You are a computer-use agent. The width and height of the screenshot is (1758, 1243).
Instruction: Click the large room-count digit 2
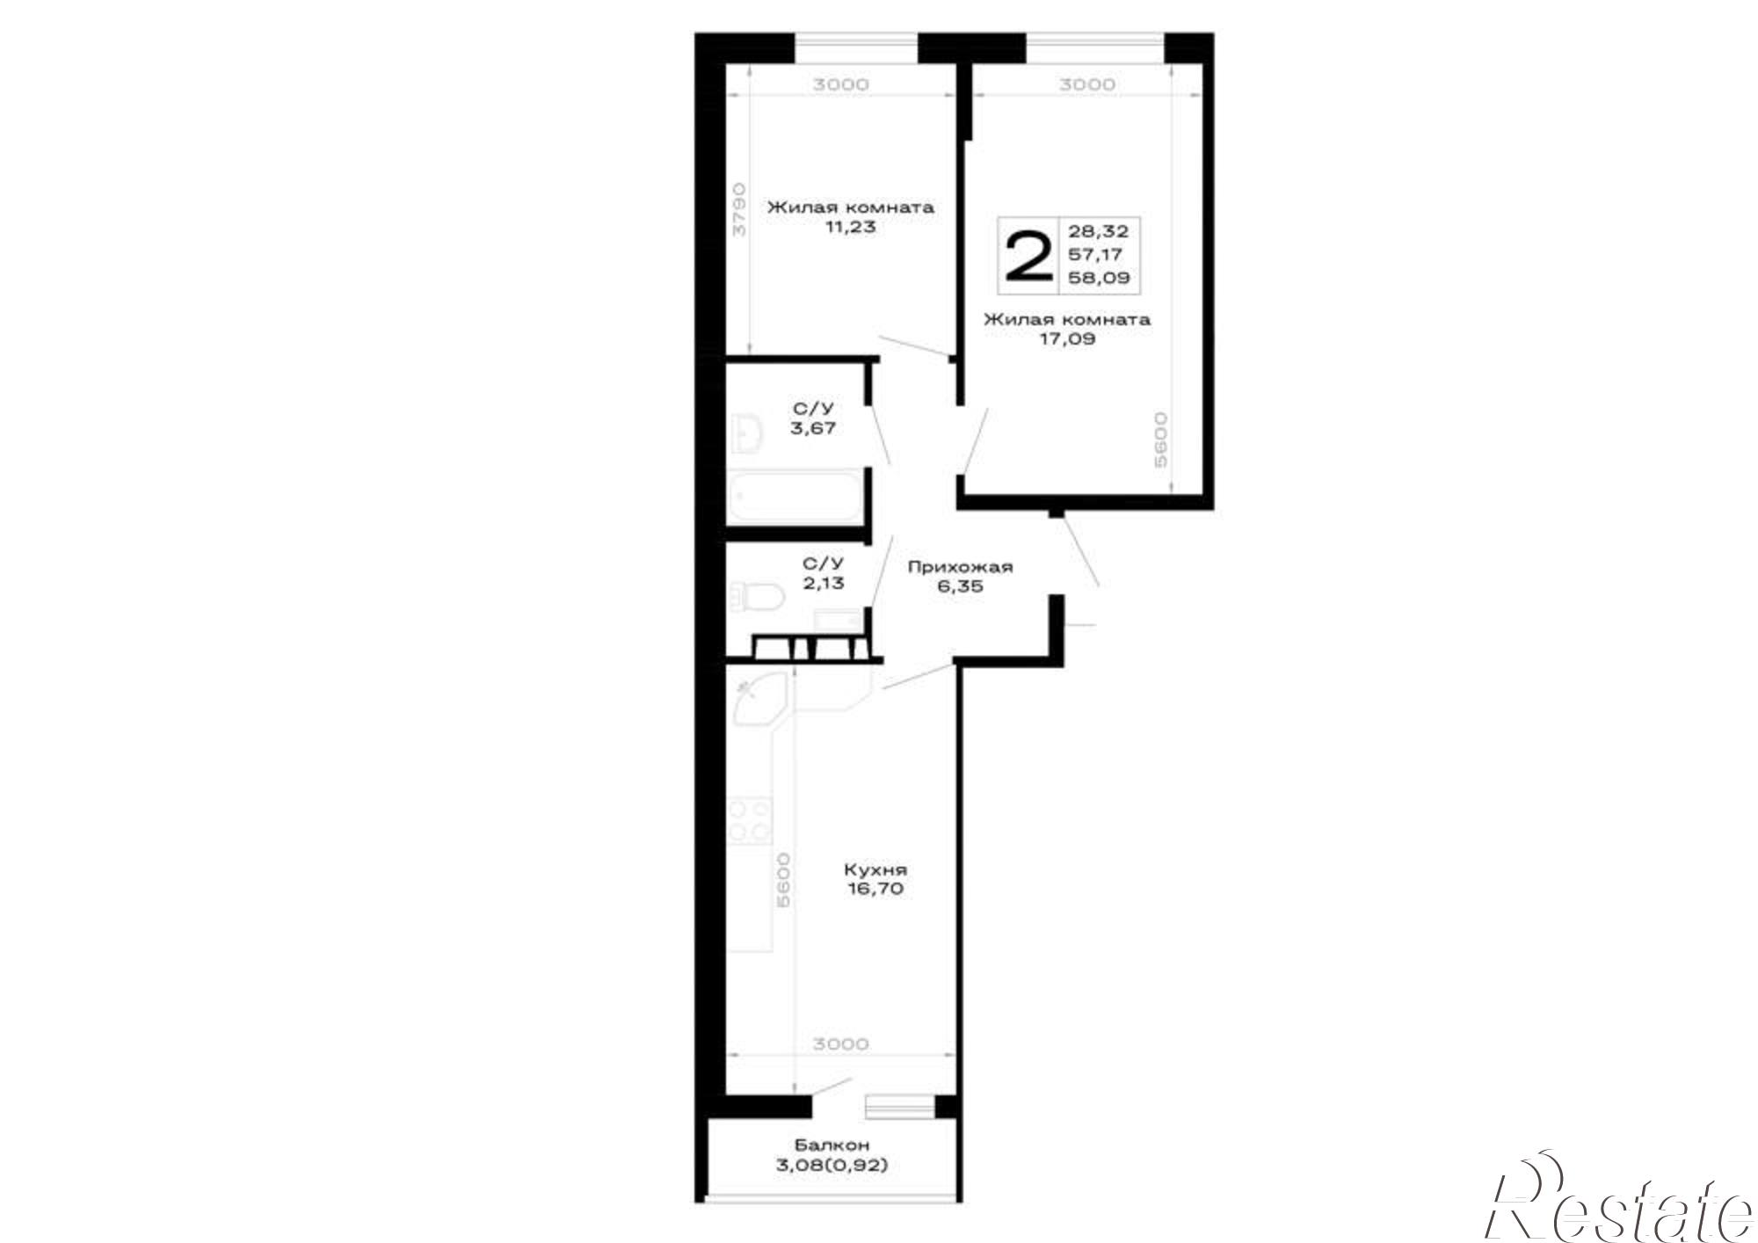[1028, 256]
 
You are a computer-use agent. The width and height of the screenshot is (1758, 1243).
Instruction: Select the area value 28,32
[1098, 232]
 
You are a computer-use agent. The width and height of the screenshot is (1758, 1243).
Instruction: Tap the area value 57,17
[1095, 255]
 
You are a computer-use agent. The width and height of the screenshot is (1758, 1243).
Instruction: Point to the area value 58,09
[1099, 278]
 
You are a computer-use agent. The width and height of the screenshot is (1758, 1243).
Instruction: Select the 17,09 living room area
[1067, 338]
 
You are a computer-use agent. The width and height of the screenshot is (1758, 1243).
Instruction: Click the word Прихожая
[960, 567]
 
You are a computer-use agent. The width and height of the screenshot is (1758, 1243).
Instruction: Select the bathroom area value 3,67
[814, 429]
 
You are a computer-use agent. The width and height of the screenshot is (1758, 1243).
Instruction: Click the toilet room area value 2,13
[824, 583]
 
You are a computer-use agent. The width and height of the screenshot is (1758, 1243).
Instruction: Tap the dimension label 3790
[739, 208]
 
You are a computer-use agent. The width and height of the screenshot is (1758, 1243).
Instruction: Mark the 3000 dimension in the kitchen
[840, 1044]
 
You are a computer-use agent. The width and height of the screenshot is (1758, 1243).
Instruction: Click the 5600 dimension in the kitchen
[783, 879]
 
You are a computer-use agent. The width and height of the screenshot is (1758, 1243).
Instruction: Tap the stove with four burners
[749, 821]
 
